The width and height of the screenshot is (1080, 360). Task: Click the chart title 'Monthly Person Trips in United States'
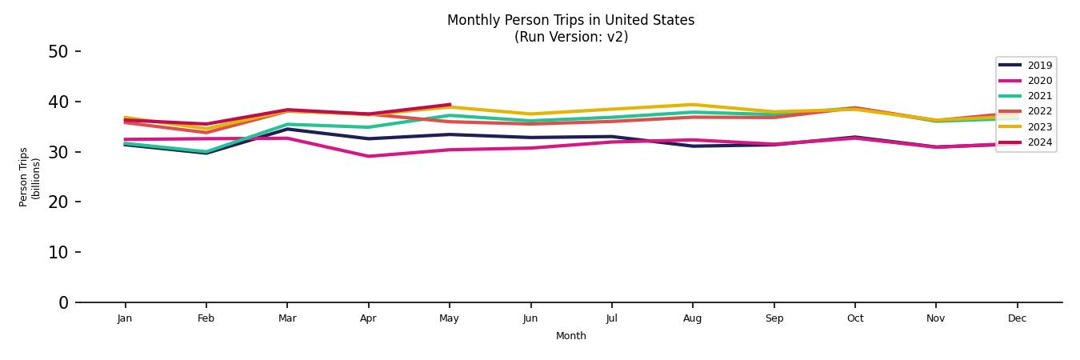coord(570,20)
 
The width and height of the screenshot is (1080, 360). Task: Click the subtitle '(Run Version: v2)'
coord(570,37)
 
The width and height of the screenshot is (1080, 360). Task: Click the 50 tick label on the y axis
coord(58,52)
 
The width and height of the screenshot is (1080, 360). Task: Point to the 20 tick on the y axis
coord(58,202)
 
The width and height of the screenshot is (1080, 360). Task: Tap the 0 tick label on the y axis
coord(64,303)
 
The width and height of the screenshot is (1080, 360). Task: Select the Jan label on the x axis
coord(125,318)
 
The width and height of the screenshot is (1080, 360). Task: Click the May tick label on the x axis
coord(450,318)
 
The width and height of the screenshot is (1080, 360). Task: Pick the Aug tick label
coord(693,318)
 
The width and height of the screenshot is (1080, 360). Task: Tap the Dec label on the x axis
coord(1017,318)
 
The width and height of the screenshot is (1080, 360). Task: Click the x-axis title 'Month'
coord(570,336)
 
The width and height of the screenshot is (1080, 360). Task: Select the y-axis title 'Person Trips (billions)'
coord(30,177)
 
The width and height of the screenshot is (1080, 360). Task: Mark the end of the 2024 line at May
coord(450,105)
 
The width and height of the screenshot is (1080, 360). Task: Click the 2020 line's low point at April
coord(368,156)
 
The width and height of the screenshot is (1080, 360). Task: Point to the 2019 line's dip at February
coord(206,153)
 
